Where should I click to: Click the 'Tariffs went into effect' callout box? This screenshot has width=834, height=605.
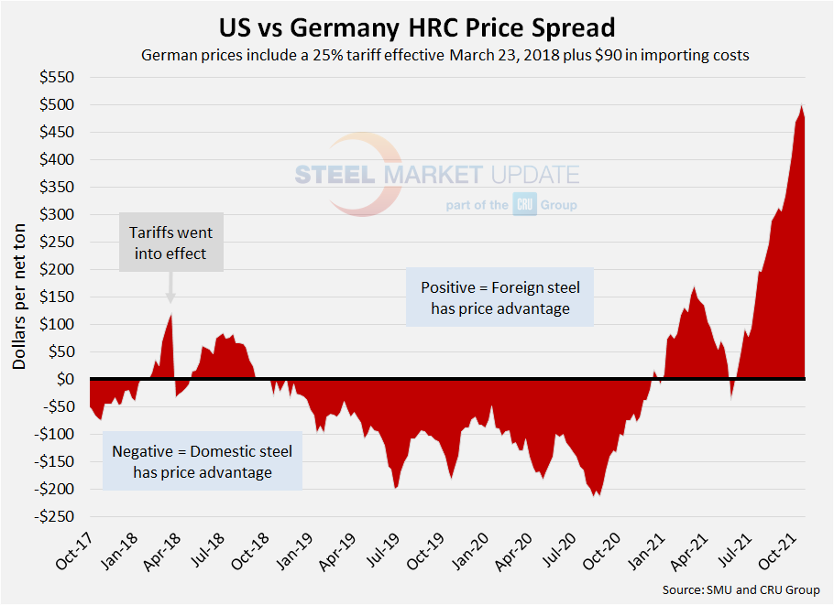[x=170, y=242]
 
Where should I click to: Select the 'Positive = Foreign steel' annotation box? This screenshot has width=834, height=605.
[x=500, y=297]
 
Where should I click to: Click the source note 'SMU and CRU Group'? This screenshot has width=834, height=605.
[x=741, y=589]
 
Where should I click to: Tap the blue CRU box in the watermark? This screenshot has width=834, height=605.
[x=524, y=205]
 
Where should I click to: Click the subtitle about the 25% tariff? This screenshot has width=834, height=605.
[x=445, y=55]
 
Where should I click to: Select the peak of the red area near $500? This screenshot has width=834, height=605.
[x=802, y=105]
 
